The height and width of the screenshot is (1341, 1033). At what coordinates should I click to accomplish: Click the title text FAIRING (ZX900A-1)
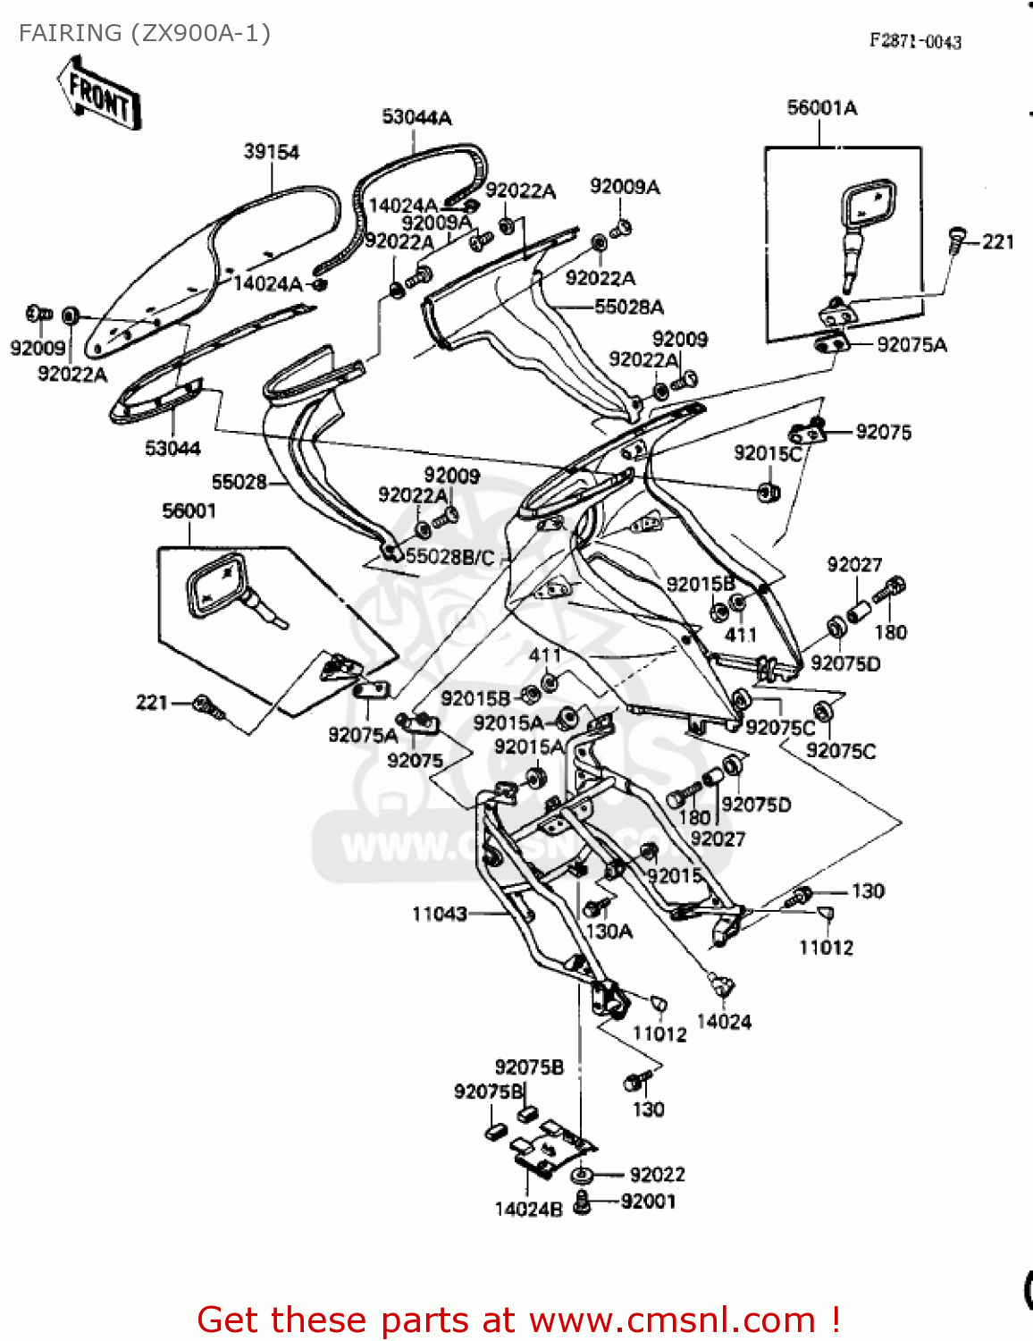(144, 34)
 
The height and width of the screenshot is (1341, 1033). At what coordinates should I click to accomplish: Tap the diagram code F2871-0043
(915, 41)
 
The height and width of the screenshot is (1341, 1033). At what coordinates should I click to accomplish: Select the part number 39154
(272, 152)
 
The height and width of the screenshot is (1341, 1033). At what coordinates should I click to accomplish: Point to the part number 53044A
(416, 117)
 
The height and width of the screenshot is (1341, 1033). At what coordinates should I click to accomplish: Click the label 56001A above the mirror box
(821, 108)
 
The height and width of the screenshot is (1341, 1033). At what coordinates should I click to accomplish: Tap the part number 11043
(439, 914)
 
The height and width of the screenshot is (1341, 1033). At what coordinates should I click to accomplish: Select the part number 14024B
(528, 1210)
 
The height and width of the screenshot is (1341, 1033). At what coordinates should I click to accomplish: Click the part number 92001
(649, 1202)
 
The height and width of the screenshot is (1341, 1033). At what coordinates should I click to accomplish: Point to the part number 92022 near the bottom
(657, 1175)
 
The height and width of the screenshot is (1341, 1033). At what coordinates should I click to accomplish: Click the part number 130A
(609, 932)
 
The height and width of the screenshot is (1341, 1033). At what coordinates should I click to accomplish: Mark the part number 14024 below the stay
(724, 1022)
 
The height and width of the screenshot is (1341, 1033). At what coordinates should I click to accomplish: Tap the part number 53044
(172, 448)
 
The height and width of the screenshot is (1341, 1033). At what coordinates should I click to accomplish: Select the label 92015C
(768, 453)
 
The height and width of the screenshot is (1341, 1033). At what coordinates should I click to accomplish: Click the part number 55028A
(629, 308)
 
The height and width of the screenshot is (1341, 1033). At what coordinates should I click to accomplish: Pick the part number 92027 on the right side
(854, 565)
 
